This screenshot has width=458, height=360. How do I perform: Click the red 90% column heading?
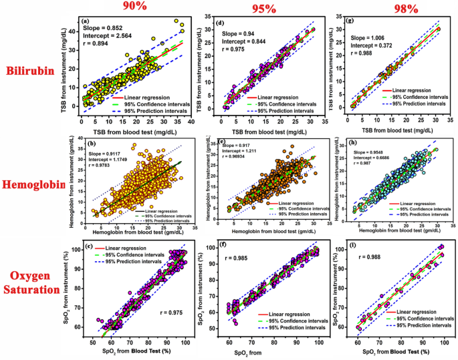pos(134,6)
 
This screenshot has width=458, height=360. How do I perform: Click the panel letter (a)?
pos(85,21)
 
